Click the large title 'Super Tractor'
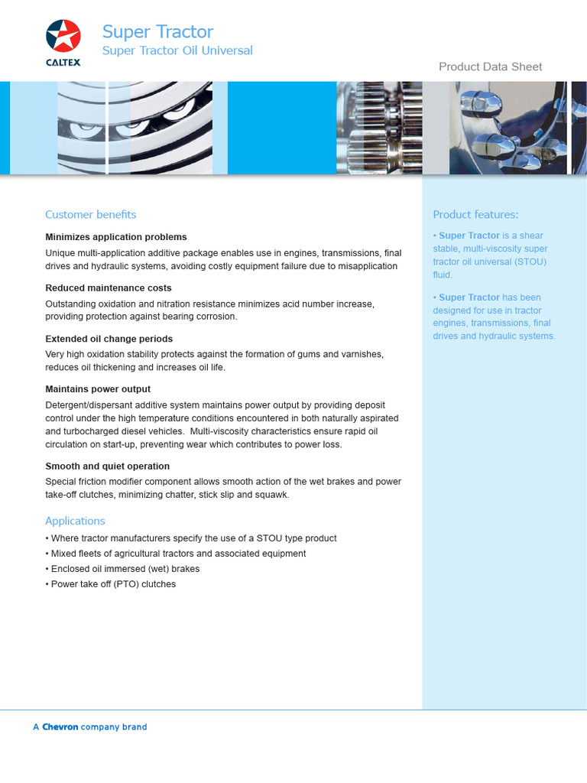tap(157, 31)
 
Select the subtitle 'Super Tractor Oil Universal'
tap(177, 50)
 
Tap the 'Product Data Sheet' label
tap(490, 67)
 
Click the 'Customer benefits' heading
tap(90, 214)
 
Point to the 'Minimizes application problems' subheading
tap(116, 237)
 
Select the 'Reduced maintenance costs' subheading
tap(109, 288)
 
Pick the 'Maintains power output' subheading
tap(98, 389)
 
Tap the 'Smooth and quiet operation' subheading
tap(107, 466)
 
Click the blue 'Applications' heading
tap(75, 521)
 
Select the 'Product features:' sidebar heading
tap(475, 214)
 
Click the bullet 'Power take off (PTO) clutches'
tap(112, 584)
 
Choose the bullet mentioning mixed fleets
tap(177, 554)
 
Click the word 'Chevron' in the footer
tap(60, 727)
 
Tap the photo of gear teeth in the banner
tap(380, 128)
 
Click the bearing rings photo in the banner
tap(141, 128)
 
